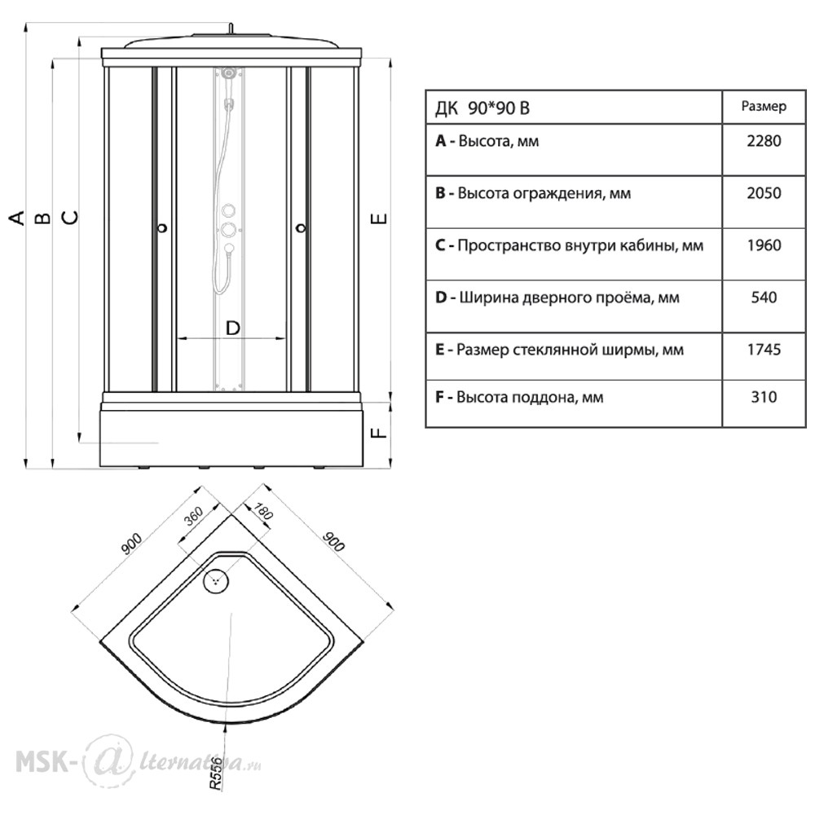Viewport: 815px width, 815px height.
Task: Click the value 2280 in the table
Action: click(x=764, y=141)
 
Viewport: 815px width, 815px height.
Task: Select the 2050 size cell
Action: click(x=764, y=193)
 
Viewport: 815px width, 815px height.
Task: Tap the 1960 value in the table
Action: click(x=764, y=244)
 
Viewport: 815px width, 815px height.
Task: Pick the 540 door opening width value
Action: click(x=764, y=297)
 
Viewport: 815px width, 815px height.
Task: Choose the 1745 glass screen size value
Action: click(x=764, y=350)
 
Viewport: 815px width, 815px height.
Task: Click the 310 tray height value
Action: click(x=764, y=397)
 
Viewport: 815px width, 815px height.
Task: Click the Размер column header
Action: click(x=764, y=107)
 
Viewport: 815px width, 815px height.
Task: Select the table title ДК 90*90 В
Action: click(x=482, y=108)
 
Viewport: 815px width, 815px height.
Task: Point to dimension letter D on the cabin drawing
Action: click(x=232, y=328)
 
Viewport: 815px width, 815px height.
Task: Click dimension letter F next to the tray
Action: click(x=380, y=432)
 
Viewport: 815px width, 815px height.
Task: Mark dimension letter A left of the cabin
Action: click(x=18, y=218)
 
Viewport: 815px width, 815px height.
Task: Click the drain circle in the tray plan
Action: click(x=215, y=580)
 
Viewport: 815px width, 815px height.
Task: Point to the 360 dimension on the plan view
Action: click(x=193, y=518)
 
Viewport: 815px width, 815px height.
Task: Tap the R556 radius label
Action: click(x=216, y=773)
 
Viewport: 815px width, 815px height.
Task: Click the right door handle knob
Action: click(x=301, y=227)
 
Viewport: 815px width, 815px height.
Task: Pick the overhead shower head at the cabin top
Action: click(x=229, y=73)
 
